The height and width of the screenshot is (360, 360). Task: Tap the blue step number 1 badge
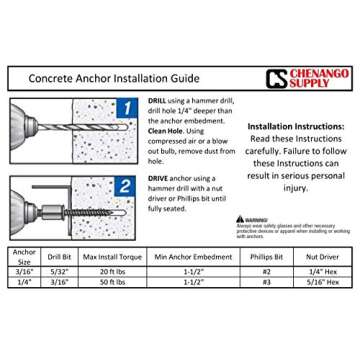click(x=125, y=107)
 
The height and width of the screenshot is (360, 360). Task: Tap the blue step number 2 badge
click(x=125, y=186)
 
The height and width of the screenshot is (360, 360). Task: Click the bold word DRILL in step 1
click(x=156, y=100)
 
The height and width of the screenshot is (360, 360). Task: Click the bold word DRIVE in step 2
click(x=156, y=178)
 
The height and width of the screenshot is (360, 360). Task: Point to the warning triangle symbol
click(x=241, y=218)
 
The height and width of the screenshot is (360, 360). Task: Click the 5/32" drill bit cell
click(x=59, y=271)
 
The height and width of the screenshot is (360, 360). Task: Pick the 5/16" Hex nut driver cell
click(x=322, y=282)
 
